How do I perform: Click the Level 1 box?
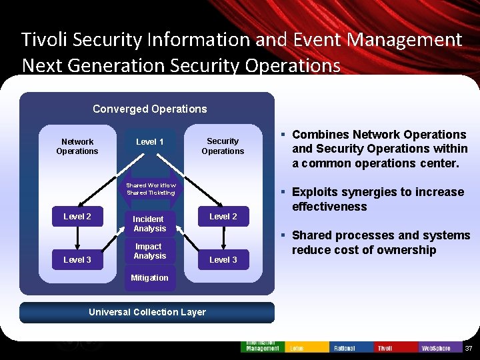click(x=149, y=142)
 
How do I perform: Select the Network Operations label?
click(x=77, y=146)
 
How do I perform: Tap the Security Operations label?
click(x=223, y=146)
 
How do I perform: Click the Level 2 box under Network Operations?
click(x=77, y=216)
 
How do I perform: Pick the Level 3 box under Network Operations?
click(x=77, y=259)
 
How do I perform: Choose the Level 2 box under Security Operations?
click(x=223, y=216)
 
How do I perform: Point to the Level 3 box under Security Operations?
click(x=223, y=259)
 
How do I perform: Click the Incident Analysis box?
click(x=149, y=224)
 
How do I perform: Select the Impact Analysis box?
click(x=149, y=251)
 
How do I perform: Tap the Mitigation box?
click(x=149, y=278)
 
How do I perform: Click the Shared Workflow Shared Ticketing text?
click(x=151, y=189)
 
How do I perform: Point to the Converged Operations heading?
click(x=149, y=109)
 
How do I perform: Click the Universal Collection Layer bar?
click(x=147, y=312)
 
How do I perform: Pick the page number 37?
click(x=468, y=349)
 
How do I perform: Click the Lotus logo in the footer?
click(x=297, y=348)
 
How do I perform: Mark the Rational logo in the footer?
click(x=344, y=348)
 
